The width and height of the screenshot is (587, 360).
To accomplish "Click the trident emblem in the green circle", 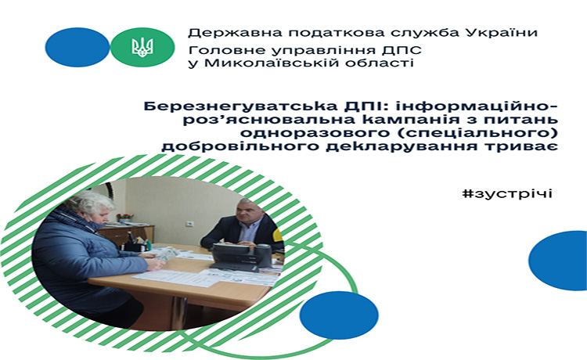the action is point(142,48).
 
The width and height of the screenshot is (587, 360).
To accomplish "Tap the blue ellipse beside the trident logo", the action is point(77,47).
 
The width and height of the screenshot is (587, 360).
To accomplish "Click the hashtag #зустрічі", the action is point(507,194).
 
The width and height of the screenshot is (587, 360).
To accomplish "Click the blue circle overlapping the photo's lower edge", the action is point(339,315).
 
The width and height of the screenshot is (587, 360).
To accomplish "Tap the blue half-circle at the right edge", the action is point(560,261).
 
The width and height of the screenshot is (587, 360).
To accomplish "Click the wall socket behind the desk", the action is point(190,224).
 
